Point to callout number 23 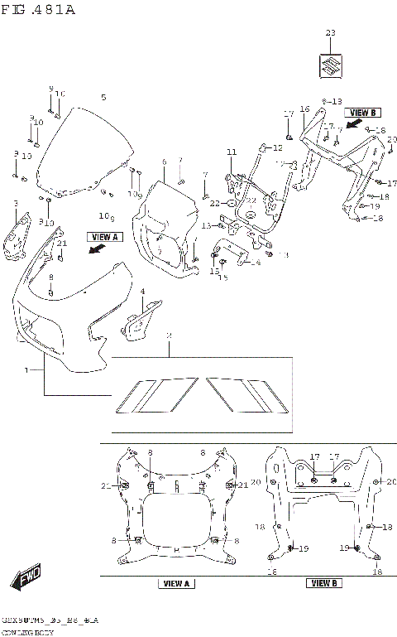[331, 33]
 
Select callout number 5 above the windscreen [103, 98]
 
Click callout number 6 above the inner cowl [164, 162]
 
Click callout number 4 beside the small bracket [142, 292]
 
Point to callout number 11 [232, 152]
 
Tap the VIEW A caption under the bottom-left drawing [175, 584]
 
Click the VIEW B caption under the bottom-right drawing [323, 584]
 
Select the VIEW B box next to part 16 [362, 112]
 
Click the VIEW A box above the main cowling [103, 237]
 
